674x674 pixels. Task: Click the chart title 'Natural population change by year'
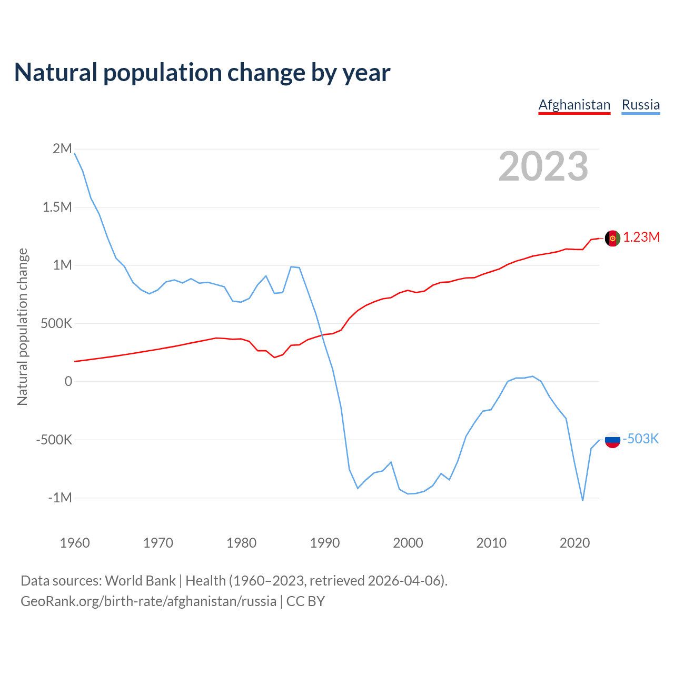[202, 73]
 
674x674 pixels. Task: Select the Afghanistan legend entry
[574, 105]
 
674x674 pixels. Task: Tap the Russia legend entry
[640, 105]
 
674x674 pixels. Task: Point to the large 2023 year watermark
[543, 166]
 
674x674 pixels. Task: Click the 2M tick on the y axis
[62, 149]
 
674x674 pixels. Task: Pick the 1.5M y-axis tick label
[57, 207]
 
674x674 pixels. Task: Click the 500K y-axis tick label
[56, 323]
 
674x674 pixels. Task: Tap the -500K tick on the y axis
[54, 440]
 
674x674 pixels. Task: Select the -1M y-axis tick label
[60, 498]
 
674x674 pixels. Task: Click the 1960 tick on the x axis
[75, 543]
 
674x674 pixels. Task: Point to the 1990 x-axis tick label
[325, 543]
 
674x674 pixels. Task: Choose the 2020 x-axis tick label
[574, 543]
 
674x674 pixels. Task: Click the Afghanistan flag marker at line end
[612, 238]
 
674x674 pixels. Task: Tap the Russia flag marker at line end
[612, 439]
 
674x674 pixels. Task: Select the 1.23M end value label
[641, 237]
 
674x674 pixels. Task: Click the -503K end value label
[641, 439]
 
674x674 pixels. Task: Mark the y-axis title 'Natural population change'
[22, 327]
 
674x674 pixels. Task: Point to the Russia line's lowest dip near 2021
[582, 500]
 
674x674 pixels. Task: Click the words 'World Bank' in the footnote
[140, 581]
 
